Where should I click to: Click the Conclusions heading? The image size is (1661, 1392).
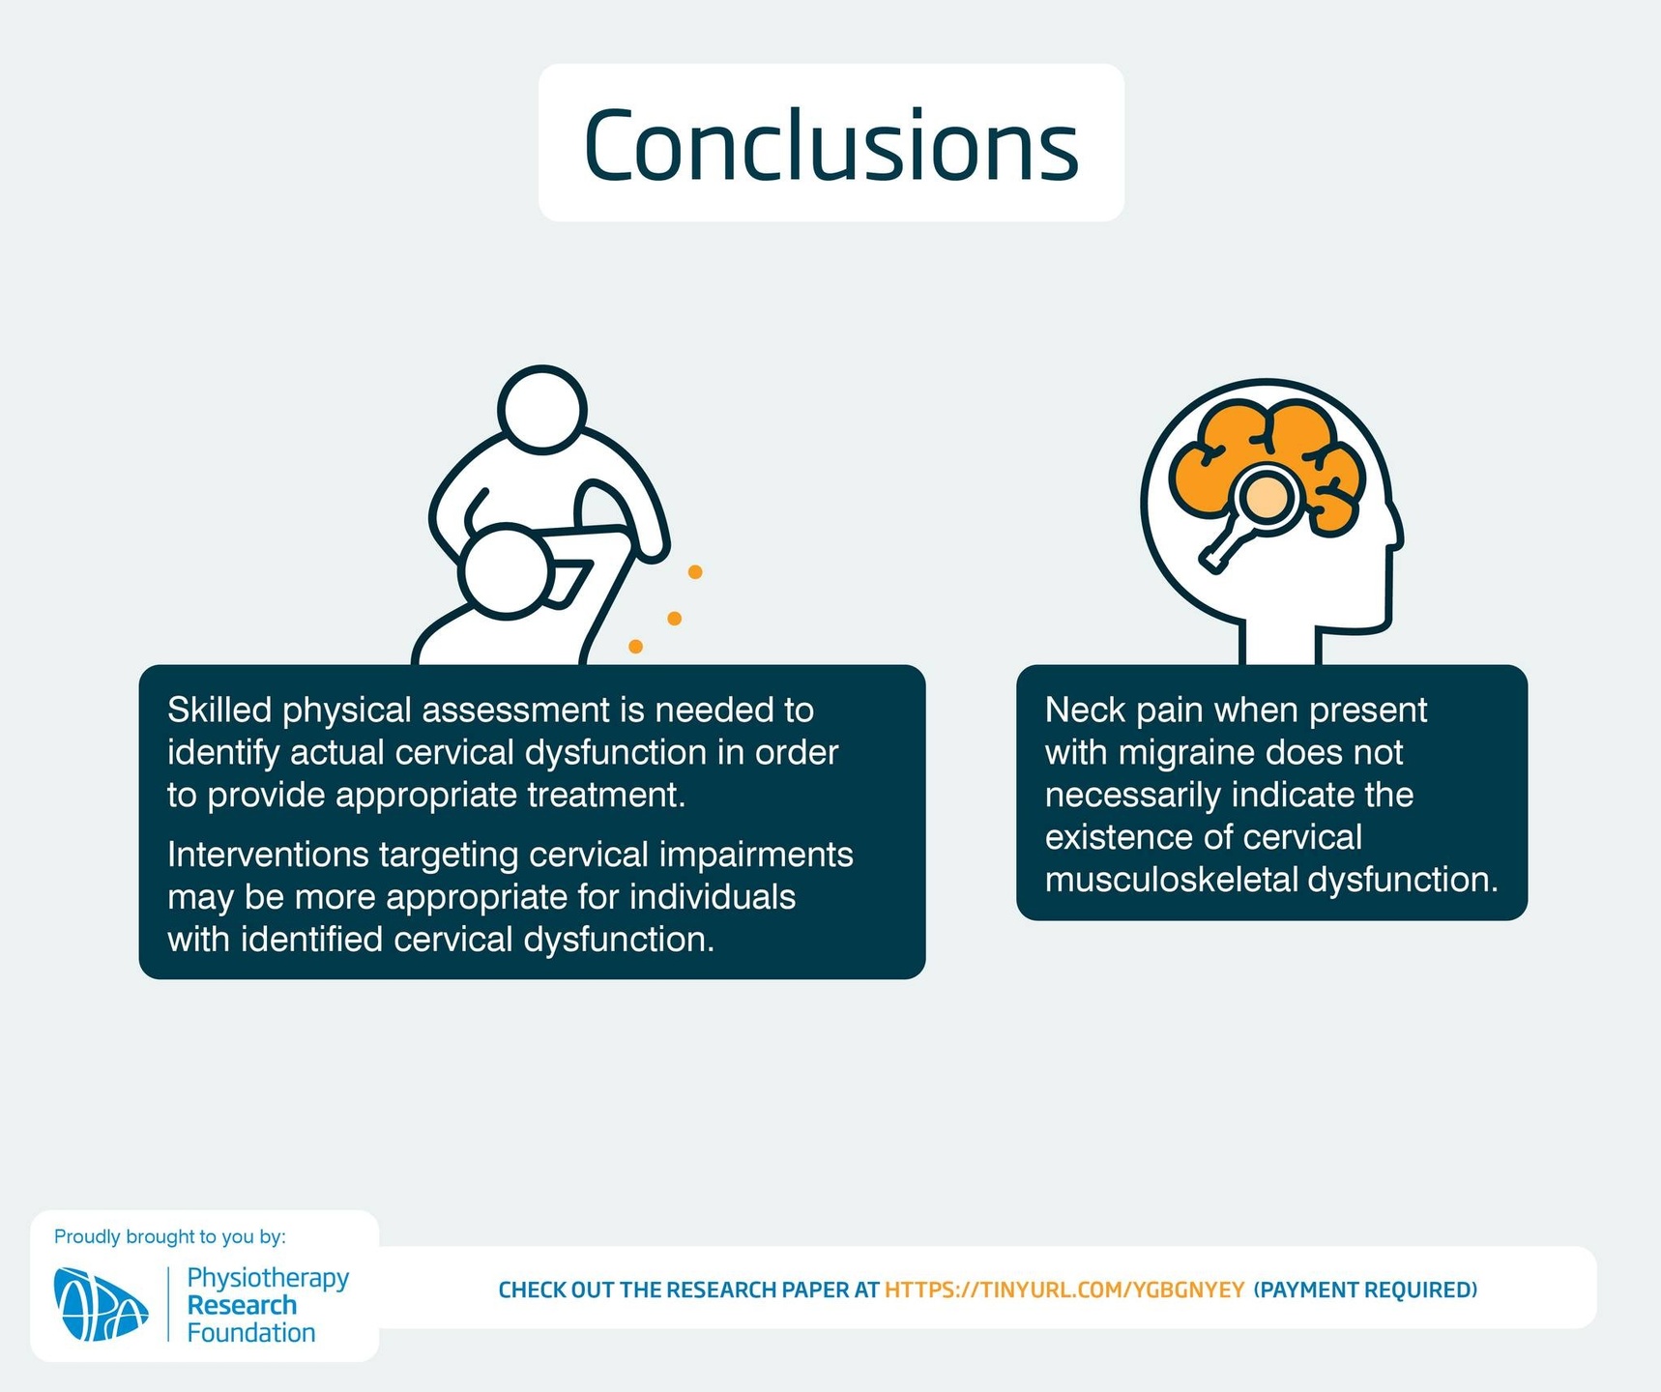(x=830, y=145)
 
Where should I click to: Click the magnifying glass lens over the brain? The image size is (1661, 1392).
(x=1268, y=498)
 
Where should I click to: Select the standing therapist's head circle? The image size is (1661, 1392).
(x=542, y=409)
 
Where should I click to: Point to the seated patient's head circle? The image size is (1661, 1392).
(x=506, y=571)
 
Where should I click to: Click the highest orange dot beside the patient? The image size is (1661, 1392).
(x=694, y=572)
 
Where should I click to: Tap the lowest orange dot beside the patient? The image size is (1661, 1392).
(x=635, y=647)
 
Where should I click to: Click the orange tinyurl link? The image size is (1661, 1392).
(x=1064, y=1290)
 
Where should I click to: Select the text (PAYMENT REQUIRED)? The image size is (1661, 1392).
(x=1365, y=1290)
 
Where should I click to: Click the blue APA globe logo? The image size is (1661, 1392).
(x=101, y=1304)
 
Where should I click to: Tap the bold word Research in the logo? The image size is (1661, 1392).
(x=242, y=1305)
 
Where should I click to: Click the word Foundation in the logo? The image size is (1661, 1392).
(x=251, y=1333)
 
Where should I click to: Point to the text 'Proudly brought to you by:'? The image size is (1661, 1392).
(x=170, y=1236)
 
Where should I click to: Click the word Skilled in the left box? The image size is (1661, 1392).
(x=219, y=710)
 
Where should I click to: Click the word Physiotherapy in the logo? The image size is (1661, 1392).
(x=268, y=1278)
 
